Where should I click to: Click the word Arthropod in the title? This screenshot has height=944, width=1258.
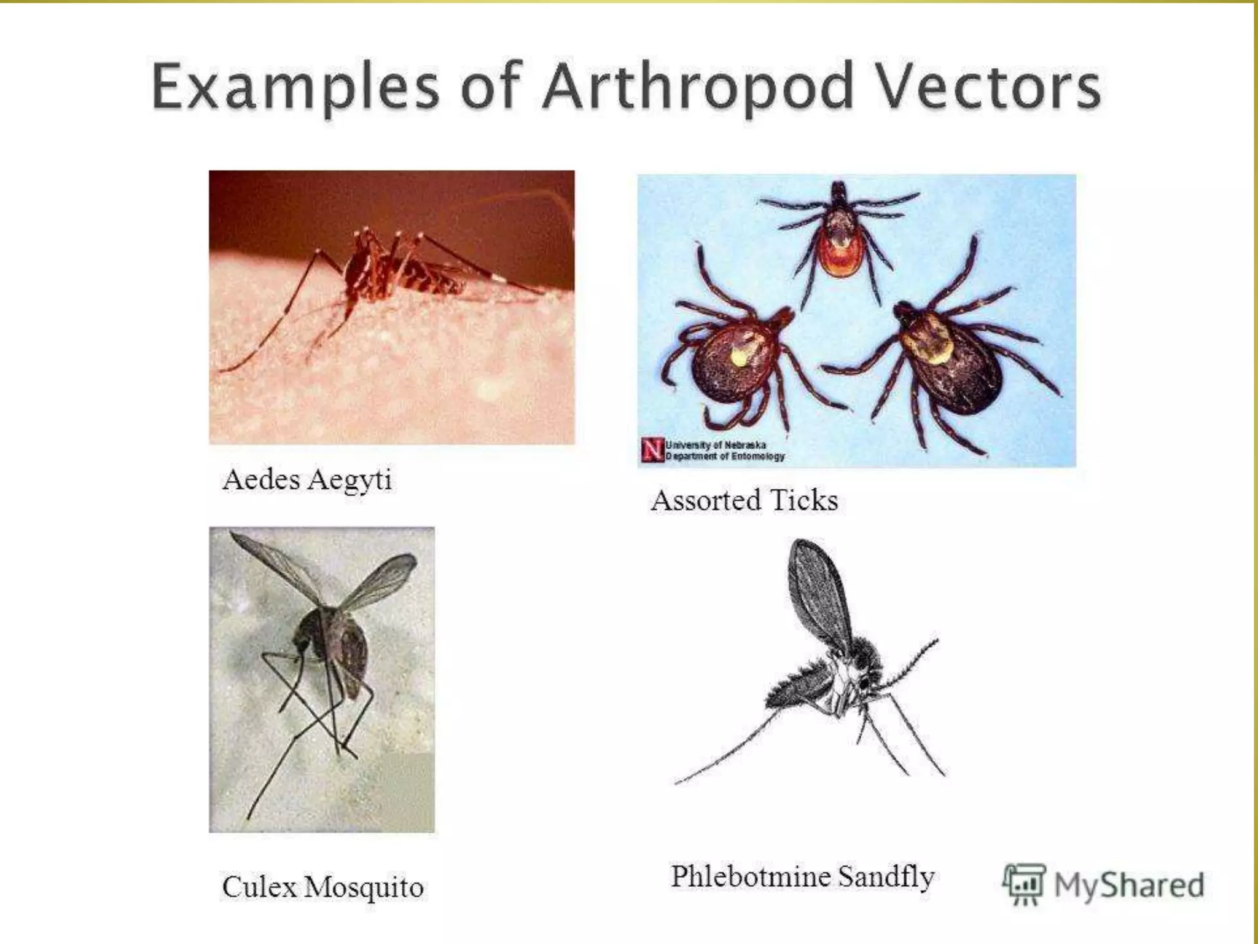[697, 87]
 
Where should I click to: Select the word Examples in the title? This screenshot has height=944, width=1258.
[295, 87]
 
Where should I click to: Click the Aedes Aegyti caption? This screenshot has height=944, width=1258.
[307, 480]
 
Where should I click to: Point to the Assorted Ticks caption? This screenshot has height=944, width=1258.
[744, 500]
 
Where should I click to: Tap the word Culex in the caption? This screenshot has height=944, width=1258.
[259, 887]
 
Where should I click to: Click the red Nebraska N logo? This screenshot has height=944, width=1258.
[652, 450]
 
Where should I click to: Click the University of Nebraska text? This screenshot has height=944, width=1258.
[724, 450]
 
